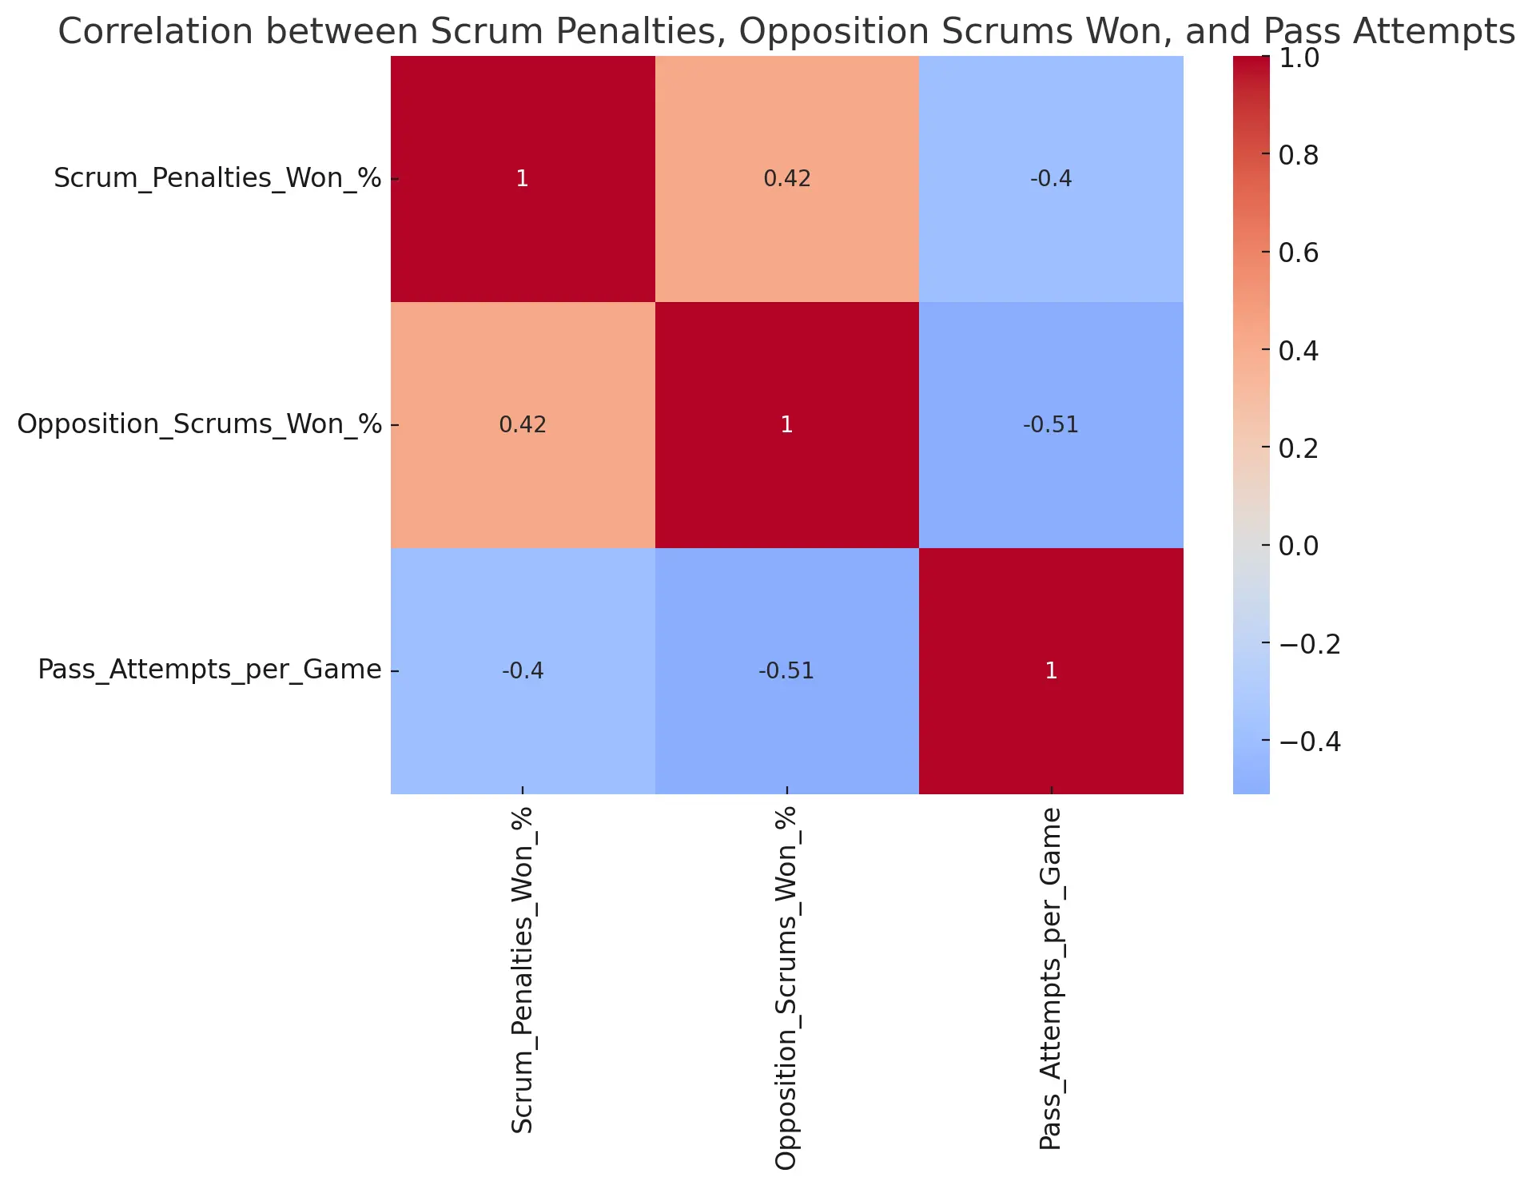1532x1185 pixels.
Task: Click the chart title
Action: click(786, 32)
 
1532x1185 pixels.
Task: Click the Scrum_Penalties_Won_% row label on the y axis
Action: click(217, 177)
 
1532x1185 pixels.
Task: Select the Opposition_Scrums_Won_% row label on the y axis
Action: click(199, 423)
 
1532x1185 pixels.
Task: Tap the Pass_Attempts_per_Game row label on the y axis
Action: click(209, 670)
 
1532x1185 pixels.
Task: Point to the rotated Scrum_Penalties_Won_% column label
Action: click(522, 970)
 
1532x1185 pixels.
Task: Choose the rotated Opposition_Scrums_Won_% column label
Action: click(786, 988)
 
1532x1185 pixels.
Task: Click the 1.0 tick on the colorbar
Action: click(1299, 58)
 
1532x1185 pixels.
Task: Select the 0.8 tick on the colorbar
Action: click(1299, 155)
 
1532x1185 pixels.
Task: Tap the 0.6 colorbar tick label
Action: click(1299, 253)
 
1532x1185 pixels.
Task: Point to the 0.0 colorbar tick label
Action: click(1299, 546)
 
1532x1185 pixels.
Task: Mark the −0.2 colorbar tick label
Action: click(1310, 643)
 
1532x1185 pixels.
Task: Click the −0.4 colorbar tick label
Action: click(1310, 742)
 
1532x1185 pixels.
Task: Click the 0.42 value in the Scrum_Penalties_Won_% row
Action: click(786, 178)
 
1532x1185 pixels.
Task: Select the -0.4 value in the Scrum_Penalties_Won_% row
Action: click(1051, 178)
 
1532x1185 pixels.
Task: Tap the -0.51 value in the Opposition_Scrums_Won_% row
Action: click(1051, 424)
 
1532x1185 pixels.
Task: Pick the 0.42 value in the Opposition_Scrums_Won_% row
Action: click(522, 424)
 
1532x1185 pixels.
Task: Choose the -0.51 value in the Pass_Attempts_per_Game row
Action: click(786, 670)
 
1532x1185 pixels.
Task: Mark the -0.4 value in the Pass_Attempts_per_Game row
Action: click(522, 670)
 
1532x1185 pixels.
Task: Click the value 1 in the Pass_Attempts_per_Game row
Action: click(1051, 670)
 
